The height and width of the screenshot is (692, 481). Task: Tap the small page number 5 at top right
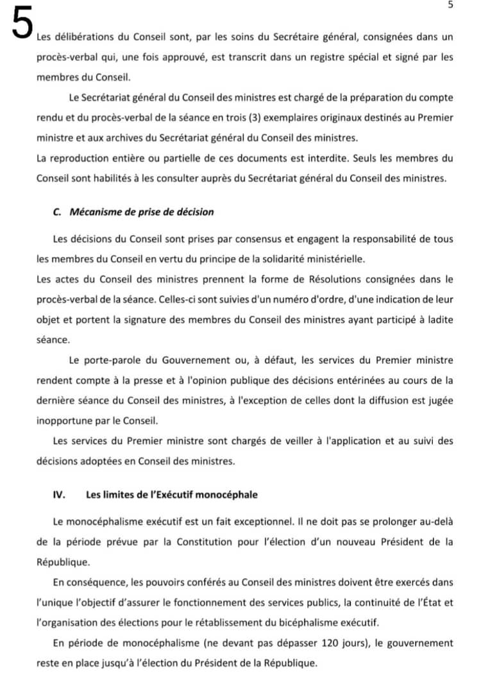click(x=450, y=5)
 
